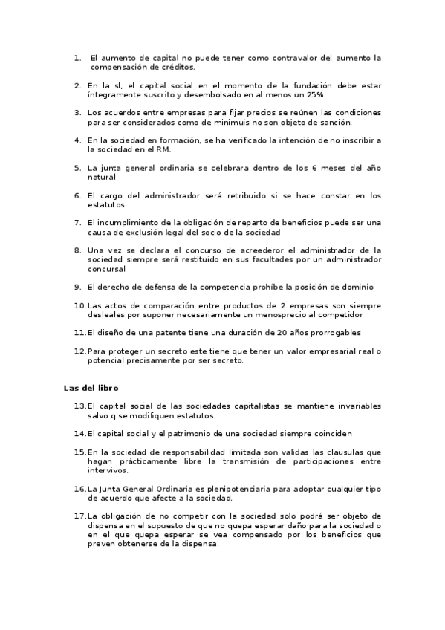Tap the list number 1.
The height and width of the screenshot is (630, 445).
[x=77, y=57]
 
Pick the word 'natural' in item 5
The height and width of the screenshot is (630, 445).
[x=102, y=177]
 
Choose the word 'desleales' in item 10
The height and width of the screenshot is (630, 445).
[x=106, y=314]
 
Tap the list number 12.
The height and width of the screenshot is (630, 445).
[x=79, y=351]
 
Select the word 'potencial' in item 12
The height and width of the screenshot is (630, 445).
[x=106, y=360]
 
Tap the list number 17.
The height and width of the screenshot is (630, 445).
[x=79, y=516]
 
